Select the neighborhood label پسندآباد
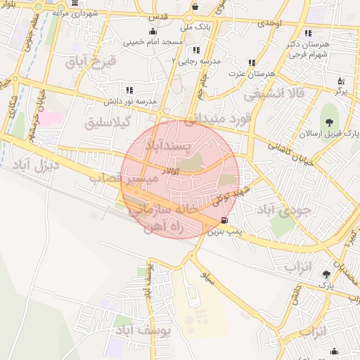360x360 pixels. (x=168, y=146)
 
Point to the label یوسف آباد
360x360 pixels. (x=142, y=330)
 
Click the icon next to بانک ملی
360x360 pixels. (x=195, y=8)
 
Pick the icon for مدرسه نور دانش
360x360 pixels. (x=129, y=90)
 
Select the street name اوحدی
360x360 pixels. (x=269, y=24)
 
